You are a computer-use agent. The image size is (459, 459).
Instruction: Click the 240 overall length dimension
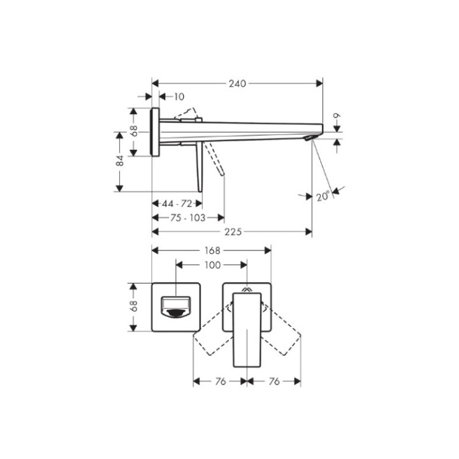tap(238, 83)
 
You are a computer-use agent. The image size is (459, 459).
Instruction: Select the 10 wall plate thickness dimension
tap(178, 97)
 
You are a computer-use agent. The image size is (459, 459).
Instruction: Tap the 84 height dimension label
tap(120, 161)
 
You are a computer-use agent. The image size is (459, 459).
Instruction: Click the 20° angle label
tap(323, 196)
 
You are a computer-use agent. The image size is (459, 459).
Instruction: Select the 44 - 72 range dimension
tap(177, 203)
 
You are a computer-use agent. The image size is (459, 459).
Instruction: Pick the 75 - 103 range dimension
tap(187, 217)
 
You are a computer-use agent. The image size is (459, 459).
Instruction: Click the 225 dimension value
tap(233, 232)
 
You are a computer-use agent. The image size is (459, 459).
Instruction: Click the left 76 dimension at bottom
tap(219, 381)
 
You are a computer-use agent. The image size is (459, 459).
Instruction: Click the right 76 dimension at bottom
tap(274, 381)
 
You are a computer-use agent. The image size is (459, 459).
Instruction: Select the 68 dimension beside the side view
tap(135, 131)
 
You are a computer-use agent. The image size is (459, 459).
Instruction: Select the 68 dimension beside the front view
tap(135, 307)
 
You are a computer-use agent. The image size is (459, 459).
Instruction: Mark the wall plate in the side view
tap(155, 131)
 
